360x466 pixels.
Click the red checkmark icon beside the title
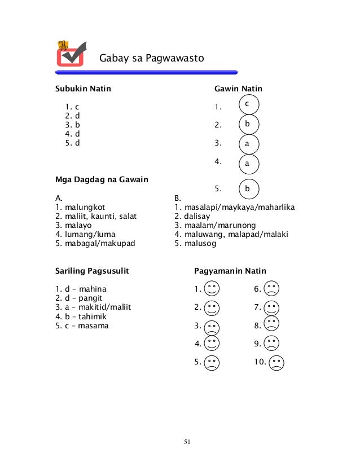coord(71,54)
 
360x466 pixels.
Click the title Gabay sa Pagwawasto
coord(151,58)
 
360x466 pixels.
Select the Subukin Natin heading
coord(83,89)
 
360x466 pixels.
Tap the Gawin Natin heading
coord(238,89)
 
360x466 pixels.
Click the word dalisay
coord(200,216)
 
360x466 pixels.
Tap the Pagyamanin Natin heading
coord(230,271)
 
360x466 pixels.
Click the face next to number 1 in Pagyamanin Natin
coord(212,289)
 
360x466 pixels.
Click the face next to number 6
coord(271,289)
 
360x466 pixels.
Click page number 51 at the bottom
coord(187,441)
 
